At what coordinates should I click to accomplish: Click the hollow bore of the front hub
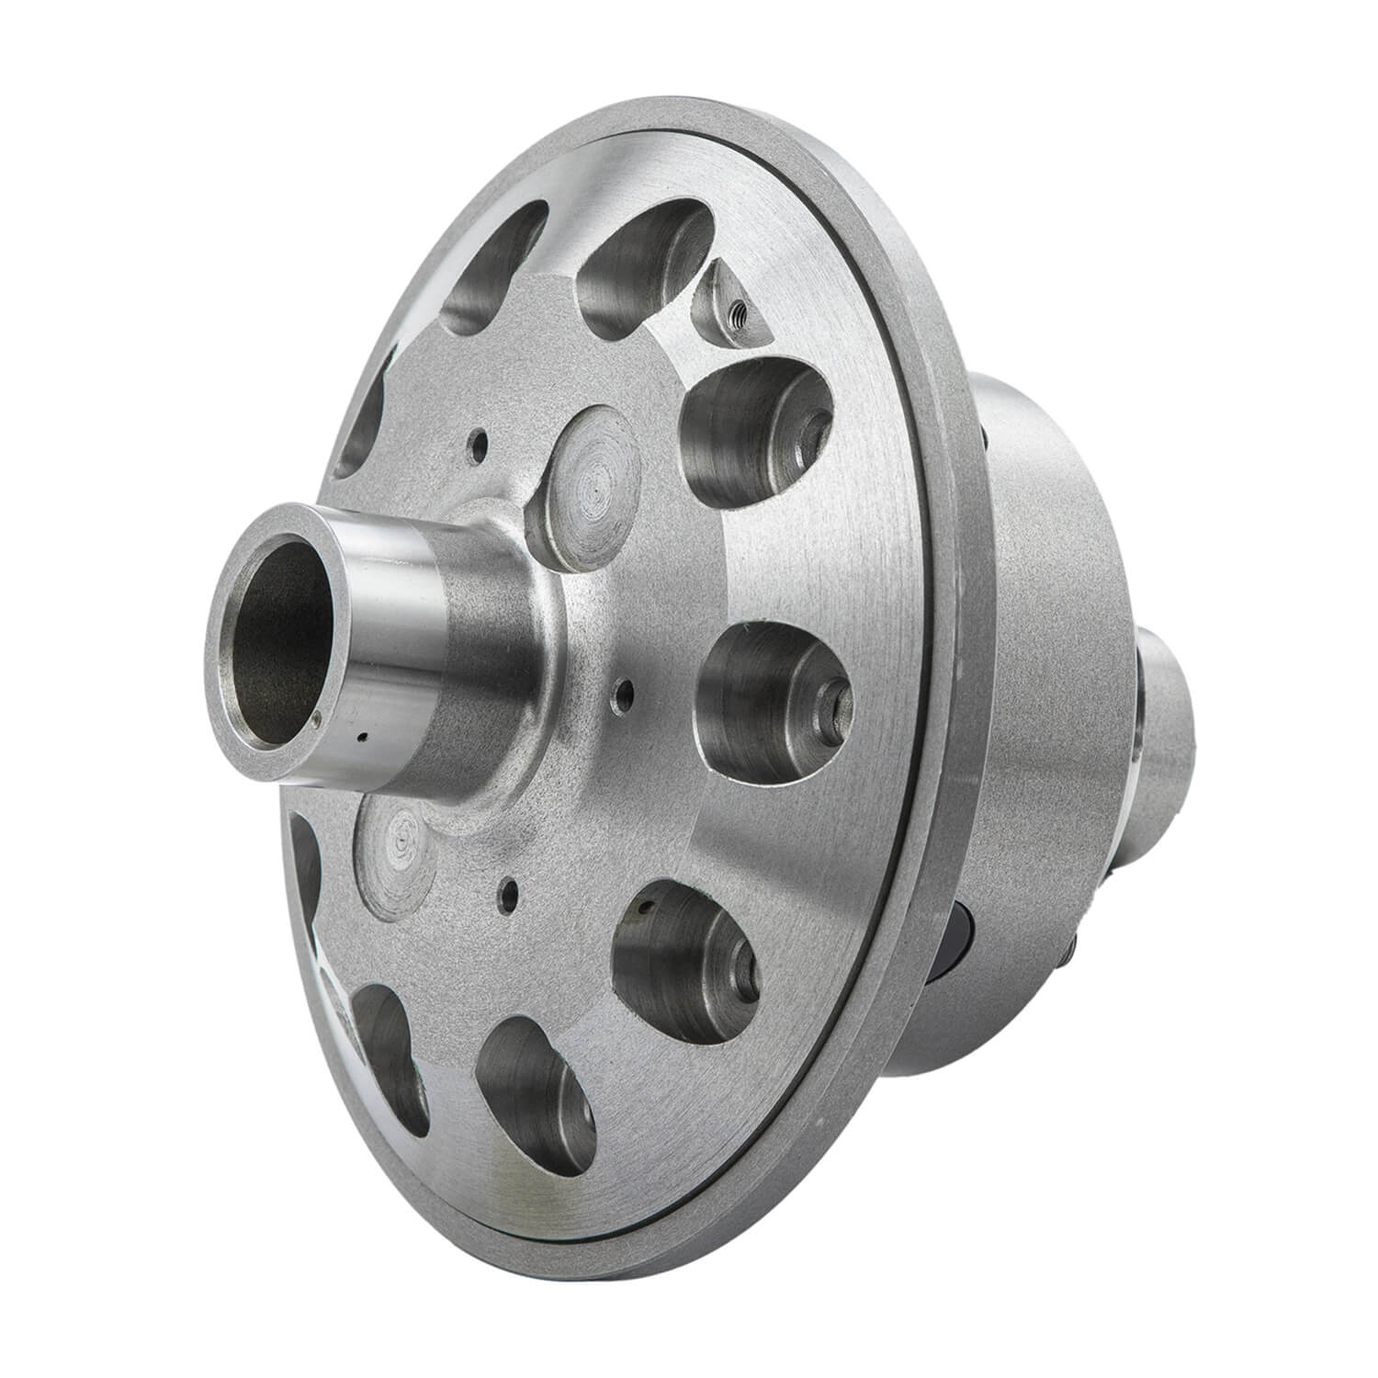coord(277,626)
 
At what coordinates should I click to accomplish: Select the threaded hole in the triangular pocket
coord(736,317)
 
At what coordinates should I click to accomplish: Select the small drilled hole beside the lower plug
coord(506,888)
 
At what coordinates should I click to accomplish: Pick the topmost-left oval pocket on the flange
coord(496,266)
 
